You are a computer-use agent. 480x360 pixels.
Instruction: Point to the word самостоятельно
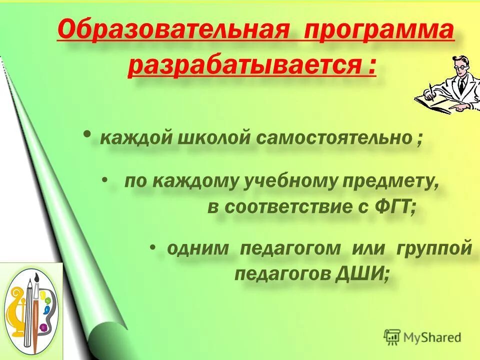pos(334,137)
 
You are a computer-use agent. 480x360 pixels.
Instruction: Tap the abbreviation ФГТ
pos(394,207)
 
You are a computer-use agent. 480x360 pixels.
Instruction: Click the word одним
pos(198,248)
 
